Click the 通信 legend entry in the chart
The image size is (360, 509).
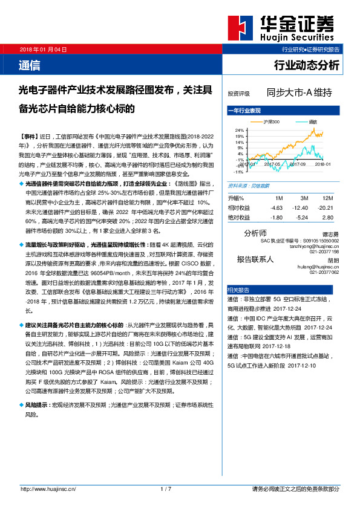pos(312,122)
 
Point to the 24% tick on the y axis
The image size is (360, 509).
pos(239,131)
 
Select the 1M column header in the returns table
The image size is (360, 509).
pos(279,198)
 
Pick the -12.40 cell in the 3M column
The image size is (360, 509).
pos(300,207)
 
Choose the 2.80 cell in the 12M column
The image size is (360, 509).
pos(328,216)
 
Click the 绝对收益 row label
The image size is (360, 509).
pos(239,216)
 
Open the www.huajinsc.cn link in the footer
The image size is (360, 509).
pos(48,488)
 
